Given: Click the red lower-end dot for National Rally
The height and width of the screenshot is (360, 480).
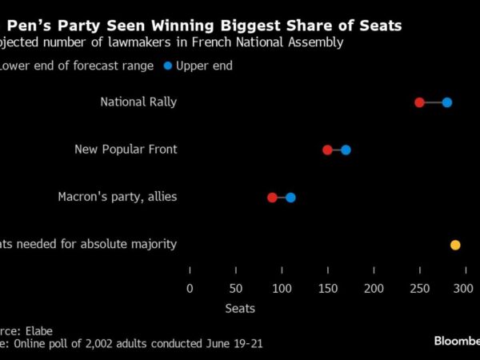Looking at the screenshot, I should (419, 102).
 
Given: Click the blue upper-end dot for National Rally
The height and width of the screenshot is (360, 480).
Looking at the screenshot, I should (447, 102).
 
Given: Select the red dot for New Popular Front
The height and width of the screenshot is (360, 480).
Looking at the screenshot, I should (327, 150).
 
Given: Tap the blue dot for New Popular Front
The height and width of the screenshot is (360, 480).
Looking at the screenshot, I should (346, 150).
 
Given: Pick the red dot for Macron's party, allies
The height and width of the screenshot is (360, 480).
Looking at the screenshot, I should (272, 198).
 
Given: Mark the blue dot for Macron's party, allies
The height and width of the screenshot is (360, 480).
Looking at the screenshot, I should (290, 198).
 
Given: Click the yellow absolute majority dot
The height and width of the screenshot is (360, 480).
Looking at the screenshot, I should (455, 245).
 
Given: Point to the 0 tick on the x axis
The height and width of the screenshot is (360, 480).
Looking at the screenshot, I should (190, 287).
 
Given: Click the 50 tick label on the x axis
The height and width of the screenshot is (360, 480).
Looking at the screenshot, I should (235, 287).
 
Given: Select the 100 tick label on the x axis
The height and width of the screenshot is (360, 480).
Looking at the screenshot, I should (281, 287).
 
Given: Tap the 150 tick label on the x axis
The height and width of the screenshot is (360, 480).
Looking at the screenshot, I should (327, 287).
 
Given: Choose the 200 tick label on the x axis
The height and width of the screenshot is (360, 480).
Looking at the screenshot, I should (373, 287).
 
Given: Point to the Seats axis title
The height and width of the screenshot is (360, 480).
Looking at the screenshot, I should (240, 308).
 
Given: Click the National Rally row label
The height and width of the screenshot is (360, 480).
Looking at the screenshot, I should (138, 102).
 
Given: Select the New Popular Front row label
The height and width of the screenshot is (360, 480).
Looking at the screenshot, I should (126, 150).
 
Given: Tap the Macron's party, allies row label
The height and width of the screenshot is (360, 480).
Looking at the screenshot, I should (118, 197).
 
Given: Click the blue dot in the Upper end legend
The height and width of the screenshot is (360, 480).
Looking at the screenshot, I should (167, 66).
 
